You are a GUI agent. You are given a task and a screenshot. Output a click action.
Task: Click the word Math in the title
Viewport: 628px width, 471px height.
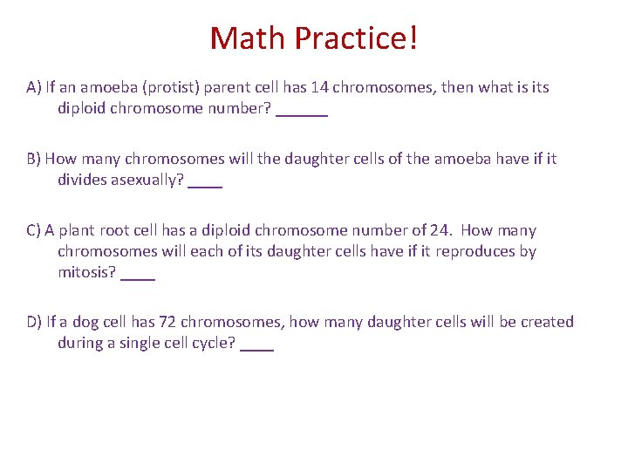pos(248,38)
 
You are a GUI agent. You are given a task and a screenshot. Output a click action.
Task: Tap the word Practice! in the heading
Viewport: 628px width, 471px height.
pos(356,39)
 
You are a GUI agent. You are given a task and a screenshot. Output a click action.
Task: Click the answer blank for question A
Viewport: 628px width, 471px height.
pos(302,110)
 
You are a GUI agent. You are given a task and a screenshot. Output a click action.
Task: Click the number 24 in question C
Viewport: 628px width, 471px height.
pos(441,230)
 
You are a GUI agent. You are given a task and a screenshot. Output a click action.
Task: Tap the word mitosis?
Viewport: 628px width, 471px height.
pos(87,272)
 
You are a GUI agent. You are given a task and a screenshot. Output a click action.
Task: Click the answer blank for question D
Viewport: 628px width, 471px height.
pos(256,345)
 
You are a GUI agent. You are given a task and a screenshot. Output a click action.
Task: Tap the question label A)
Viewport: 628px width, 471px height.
pos(34,87)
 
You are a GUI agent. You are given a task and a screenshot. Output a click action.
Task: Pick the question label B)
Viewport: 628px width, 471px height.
pos(34,159)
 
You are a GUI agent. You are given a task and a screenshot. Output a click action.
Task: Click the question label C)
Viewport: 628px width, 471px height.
pos(34,230)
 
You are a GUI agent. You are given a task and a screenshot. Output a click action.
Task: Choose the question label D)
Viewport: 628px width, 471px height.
pos(35,322)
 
